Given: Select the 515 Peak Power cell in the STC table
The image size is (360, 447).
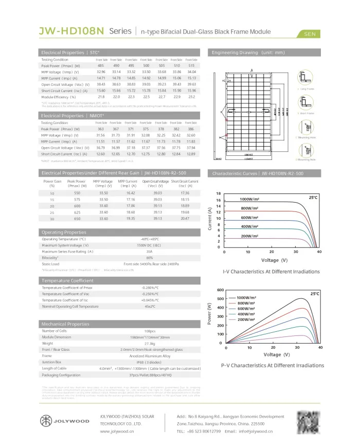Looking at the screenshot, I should coord(192,66).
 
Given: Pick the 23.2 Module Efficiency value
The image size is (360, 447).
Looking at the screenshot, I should coord(192,97).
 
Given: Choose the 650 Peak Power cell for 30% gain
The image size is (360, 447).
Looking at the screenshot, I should coord(77,219).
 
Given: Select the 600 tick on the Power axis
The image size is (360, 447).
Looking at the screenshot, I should coord(220,290).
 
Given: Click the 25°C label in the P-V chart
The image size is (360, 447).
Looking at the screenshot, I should coord(315,293).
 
